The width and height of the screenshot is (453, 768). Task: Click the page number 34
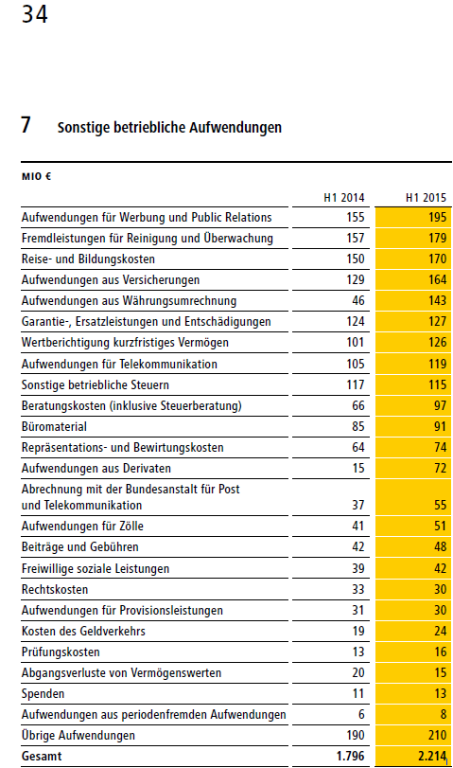(x=35, y=15)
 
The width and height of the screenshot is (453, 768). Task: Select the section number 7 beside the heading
(x=27, y=126)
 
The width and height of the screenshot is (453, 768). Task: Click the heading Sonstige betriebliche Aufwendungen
(x=169, y=127)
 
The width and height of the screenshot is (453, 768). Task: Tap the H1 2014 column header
(x=344, y=198)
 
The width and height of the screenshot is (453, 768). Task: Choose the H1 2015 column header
(x=426, y=198)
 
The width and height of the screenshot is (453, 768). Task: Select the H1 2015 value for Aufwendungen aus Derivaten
(x=439, y=469)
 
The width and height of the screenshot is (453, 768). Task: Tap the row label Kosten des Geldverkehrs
(x=83, y=632)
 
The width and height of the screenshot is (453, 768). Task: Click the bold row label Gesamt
(x=43, y=757)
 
